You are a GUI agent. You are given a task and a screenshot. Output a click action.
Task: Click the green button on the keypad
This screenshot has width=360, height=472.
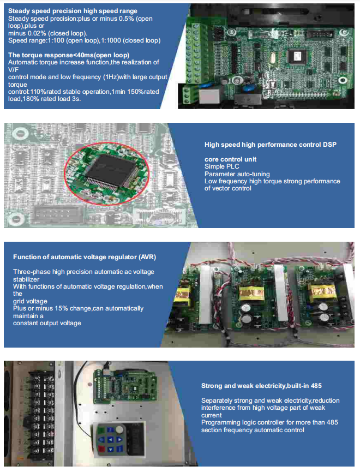click(102, 431)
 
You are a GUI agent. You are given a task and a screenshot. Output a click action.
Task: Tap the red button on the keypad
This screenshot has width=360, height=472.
click(102, 449)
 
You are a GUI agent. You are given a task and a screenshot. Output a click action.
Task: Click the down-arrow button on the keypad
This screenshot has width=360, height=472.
click(111, 450)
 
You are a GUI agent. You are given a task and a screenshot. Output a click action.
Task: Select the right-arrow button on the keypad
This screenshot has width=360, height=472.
click(119, 440)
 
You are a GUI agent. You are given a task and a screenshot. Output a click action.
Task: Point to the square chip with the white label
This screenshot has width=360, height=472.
click(297, 56)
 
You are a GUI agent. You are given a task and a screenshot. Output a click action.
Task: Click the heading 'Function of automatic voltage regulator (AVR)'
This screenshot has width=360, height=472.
click(85, 257)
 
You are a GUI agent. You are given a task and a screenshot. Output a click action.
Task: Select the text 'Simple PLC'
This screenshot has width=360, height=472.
click(222, 166)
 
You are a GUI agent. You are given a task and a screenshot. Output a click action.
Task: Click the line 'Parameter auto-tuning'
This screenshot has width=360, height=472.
click(237, 174)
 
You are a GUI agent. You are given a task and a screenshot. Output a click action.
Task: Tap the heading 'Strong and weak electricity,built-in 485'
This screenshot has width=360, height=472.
click(261, 386)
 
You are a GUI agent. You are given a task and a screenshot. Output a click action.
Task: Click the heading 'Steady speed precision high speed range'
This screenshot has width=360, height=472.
click(73, 11)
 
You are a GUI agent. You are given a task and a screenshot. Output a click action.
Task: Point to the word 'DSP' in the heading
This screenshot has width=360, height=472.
click(329, 145)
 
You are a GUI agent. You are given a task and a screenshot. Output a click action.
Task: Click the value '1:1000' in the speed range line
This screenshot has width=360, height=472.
click(111, 40)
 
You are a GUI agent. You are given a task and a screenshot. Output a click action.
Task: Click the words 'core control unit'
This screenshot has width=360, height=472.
click(231, 159)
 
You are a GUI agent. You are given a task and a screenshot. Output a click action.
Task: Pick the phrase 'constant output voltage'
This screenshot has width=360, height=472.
click(47, 323)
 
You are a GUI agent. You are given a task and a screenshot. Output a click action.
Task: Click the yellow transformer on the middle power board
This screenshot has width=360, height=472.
click(251, 293)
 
